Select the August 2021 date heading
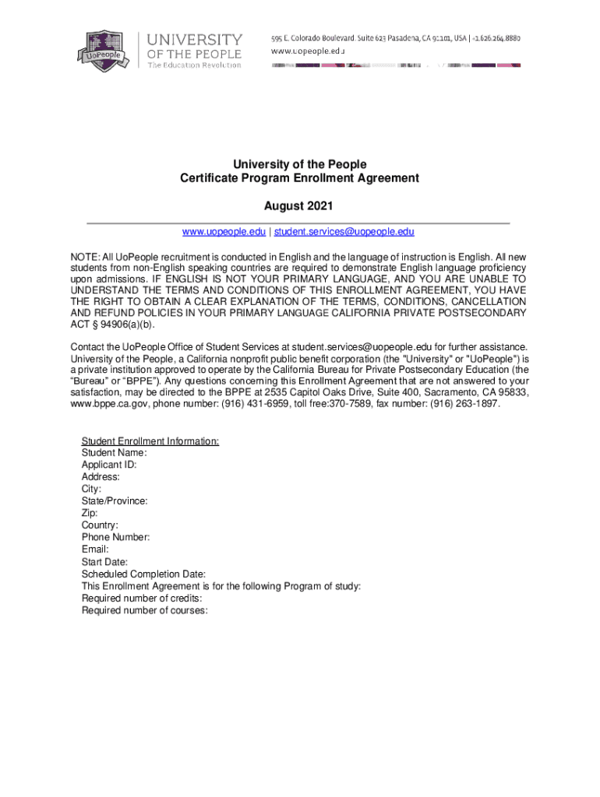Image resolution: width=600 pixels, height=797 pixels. [x=299, y=206]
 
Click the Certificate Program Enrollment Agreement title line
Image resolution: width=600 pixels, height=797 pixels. [x=299, y=178]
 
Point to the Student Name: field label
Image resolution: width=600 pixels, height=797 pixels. [x=115, y=453]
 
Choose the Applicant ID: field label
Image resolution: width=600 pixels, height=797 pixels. [x=109, y=465]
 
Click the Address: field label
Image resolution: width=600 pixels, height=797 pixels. [x=101, y=477]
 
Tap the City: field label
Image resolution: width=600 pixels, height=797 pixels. [x=91, y=490]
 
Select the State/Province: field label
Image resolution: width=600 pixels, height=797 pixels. [x=115, y=501]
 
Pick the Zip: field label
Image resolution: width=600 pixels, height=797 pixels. [x=90, y=514]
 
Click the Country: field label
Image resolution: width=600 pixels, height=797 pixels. [x=100, y=525]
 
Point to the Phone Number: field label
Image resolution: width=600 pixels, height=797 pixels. [x=115, y=538]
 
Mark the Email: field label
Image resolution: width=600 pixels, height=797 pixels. [x=95, y=549]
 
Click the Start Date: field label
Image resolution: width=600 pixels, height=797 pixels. [x=105, y=562]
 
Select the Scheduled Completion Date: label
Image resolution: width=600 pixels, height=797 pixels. [x=143, y=574]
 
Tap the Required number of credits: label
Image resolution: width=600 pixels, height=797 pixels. [x=142, y=599]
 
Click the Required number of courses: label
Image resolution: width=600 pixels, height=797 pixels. [x=144, y=611]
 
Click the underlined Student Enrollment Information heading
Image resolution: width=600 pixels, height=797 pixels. [x=150, y=441]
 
